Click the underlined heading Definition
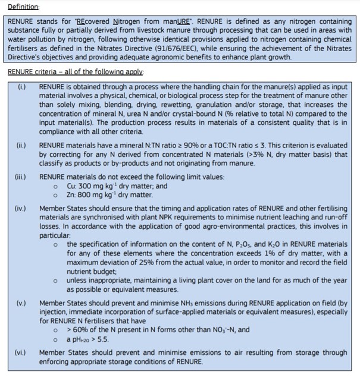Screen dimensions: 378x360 [x=23, y=7]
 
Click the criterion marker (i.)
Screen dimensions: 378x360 [x=22, y=87]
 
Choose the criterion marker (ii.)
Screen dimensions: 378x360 [x=22, y=145]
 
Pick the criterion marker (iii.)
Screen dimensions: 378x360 [x=22, y=177]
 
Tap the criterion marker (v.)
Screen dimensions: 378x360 [x=22, y=303]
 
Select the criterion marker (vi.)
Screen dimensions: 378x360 [x=22, y=352]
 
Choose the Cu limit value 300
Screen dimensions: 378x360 [x=88, y=186]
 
